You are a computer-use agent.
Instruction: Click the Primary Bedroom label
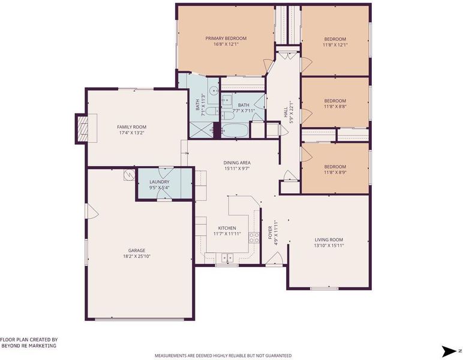pyautogui.click(x=226, y=38)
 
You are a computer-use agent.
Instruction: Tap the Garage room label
pyautogui.click(x=137, y=250)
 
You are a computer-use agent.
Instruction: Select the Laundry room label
pyautogui.click(x=159, y=182)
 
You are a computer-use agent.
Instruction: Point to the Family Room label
pyautogui.click(x=132, y=127)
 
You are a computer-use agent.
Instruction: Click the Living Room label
pyautogui.click(x=329, y=240)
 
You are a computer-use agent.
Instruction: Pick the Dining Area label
pyautogui.click(x=237, y=163)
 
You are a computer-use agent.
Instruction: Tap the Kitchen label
pyautogui.click(x=227, y=228)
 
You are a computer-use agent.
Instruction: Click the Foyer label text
pyautogui.click(x=270, y=232)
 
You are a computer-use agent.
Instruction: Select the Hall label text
pyautogui.click(x=285, y=113)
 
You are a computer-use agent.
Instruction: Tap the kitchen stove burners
pyautogui.click(x=254, y=238)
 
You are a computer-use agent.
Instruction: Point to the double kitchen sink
pyautogui.click(x=227, y=257)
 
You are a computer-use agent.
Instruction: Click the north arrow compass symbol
pyautogui.click(x=449, y=351)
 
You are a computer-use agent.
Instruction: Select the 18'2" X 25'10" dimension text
pyautogui.click(x=137, y=256)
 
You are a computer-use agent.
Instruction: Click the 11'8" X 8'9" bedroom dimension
pyautogui.click(x=335, y=172)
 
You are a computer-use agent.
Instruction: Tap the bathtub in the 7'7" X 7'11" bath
pyautogui.click(x=235, y=130)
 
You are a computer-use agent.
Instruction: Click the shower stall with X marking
pyautogui.click(x=201, y=130)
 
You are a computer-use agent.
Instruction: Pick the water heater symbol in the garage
pyautogui.click(x=130, y=175)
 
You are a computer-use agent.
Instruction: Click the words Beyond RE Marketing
pyautogui.click(x=29, y=346)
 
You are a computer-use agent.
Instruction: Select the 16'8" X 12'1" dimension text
pyautogui.click(x=226, y=44)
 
